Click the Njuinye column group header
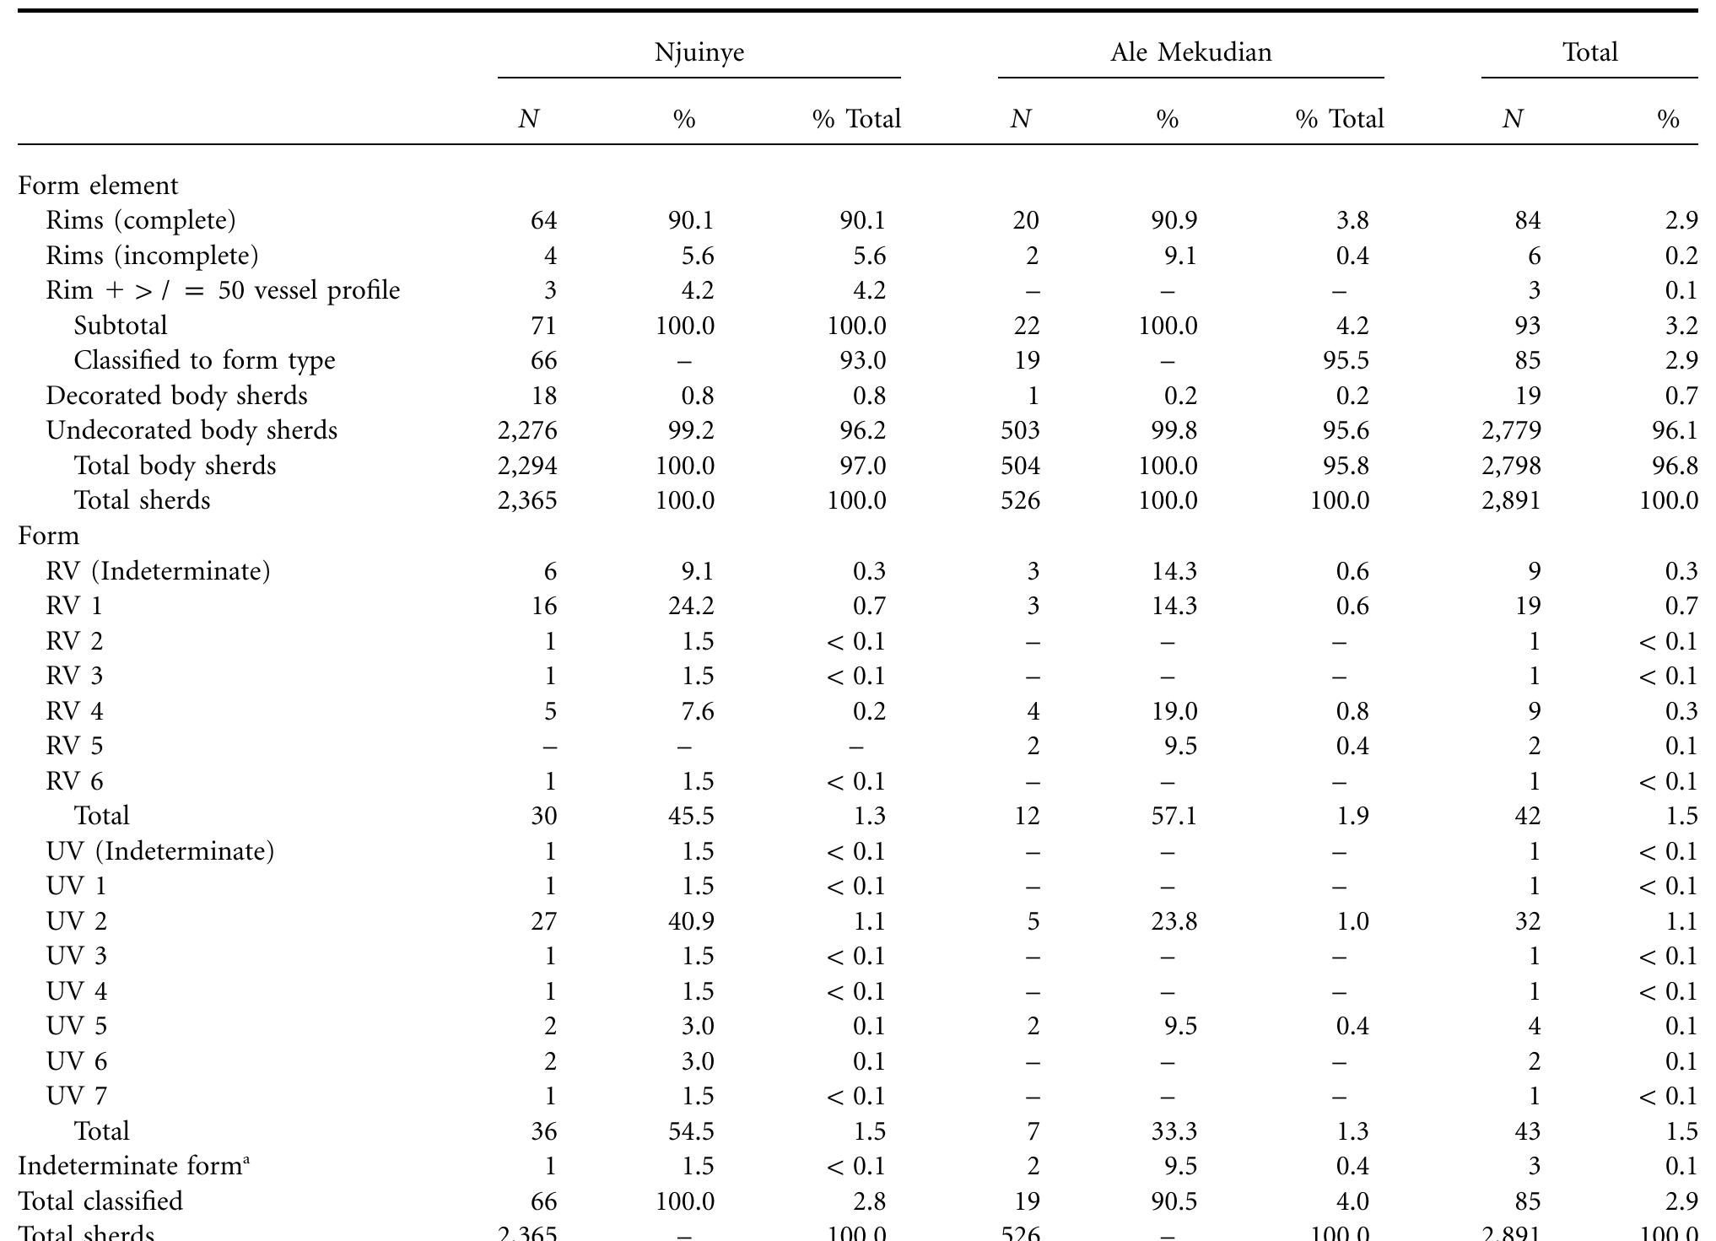point(699,52)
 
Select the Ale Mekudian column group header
point(1190,52)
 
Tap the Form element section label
point(99,186)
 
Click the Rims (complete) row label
point(141,220)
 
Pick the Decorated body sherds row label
point(176,396)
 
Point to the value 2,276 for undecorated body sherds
point(527,430)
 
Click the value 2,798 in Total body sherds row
point(1511,466)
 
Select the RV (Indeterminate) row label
point(158,571)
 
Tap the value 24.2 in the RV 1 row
point(692,606)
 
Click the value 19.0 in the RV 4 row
point(1174,711)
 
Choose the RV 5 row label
point(74,746)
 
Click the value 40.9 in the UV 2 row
point(692,921)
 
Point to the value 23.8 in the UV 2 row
point(1174,921)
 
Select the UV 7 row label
point(77,1096)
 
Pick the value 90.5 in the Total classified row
point(1174,1201)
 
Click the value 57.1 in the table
point(1174,816)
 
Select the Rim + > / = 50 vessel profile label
point(223,290)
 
